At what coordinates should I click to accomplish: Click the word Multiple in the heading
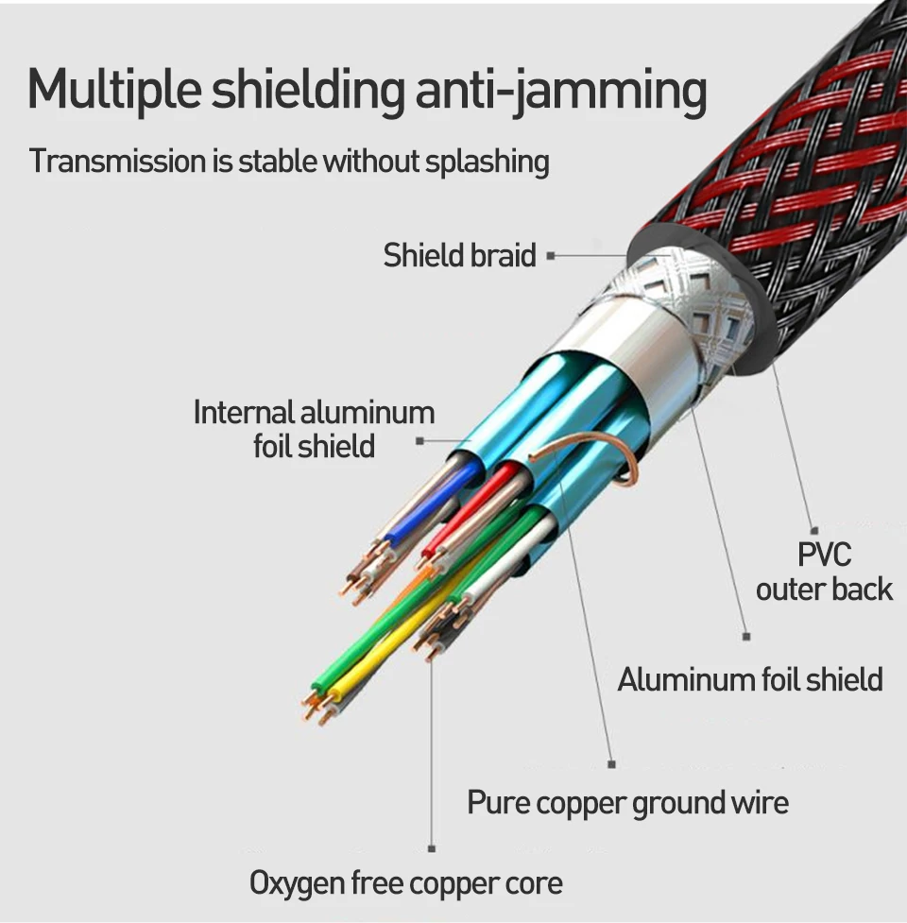pyautogui.click(x=114, y=90)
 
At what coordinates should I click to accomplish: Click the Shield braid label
pyautogui.click(x=459, y=255)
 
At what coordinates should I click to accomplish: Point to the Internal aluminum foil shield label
pyautogui.click(x=314, y=429)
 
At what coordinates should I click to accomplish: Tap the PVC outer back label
pyautogui.click(x=824, y=572)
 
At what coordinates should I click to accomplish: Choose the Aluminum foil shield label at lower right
pyautogui.click(x=750, y=679)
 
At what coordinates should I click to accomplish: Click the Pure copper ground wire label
pyautogui.click(x=627, y=802)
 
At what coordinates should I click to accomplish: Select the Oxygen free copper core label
pyautogui.click(x=406, y=883)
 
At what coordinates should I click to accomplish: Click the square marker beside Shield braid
pyautogui.click(x=551, y=255)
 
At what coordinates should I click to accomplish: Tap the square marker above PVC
pyautogui.click(x=814, y=531)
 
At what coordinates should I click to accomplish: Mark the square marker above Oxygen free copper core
pyautogui.click(x=432, y=848)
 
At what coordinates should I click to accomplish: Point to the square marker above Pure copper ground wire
pyautogui.click(x=611, y=764)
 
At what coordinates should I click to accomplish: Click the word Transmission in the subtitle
pyautogui.click(x=117, y=161)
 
